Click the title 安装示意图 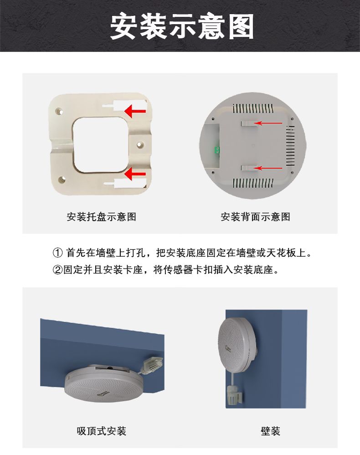click(182, 27)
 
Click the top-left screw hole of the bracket click(59, 111)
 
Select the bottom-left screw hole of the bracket click(61, 180)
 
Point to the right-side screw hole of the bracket click(140, 145)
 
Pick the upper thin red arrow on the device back click(268, 123)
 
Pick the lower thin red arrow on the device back click(268, 168)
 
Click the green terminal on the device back click(217, 150)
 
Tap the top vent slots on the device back click(253, 109)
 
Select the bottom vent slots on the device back click(253, 183)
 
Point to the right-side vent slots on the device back click(290, 146)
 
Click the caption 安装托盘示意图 click(102, 217)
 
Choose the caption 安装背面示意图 click(255, 217)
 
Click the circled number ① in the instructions click(57, 253)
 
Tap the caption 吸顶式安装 click(102, 431)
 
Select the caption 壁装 click(270, 431)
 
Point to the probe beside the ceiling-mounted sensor click(153, 365)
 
